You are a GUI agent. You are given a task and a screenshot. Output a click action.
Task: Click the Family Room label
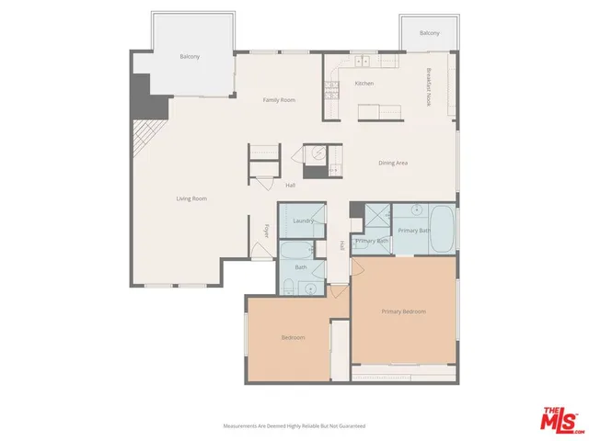[279, 99]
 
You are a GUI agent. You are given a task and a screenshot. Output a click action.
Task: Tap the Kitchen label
[364, 84]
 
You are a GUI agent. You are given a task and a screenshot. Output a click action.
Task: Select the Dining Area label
[393, 163]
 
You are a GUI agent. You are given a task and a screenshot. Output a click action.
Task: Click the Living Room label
[191, 198]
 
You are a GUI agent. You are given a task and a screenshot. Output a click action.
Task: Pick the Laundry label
[303, 220]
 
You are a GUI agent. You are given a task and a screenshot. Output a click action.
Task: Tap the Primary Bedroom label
[404, 311]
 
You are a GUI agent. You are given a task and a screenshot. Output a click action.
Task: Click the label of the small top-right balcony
[429, 33]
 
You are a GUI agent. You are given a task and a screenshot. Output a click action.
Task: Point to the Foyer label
[267, 231]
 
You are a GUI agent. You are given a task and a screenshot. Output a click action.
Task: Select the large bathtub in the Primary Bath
[443, 230]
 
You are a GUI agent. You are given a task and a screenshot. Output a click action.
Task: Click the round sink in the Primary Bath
[417, 210]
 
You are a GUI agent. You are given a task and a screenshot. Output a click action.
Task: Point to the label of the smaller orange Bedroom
[293, 337]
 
